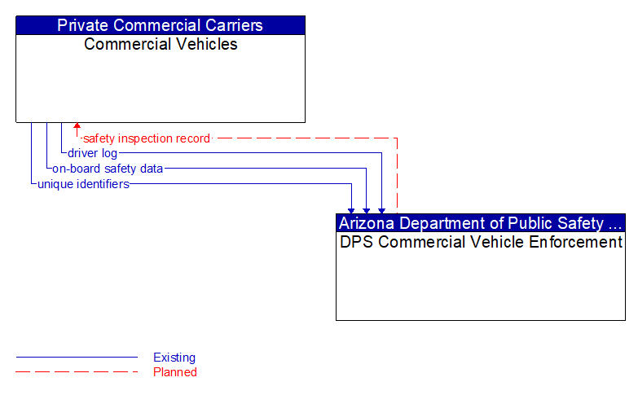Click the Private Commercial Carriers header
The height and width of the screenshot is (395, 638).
161,25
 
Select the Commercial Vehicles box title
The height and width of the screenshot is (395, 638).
161,44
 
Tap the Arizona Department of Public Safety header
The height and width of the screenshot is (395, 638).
481,223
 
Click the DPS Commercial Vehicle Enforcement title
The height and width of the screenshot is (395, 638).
481,242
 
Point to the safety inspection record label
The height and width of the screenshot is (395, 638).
147,138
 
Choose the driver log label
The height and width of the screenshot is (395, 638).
92,153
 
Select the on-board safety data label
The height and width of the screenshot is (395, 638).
108,169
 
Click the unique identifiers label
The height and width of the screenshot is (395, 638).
83,184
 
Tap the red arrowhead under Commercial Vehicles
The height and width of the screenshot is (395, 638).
77,126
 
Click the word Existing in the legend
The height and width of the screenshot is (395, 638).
174,358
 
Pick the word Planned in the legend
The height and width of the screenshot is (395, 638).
175,372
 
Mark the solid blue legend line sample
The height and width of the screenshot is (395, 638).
77,358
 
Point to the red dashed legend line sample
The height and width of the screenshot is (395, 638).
77,372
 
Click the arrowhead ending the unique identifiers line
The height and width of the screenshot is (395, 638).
351,210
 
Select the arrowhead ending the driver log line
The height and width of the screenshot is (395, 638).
381,210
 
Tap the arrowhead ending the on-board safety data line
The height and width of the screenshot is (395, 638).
367,210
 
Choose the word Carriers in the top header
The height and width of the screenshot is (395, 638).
231,25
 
